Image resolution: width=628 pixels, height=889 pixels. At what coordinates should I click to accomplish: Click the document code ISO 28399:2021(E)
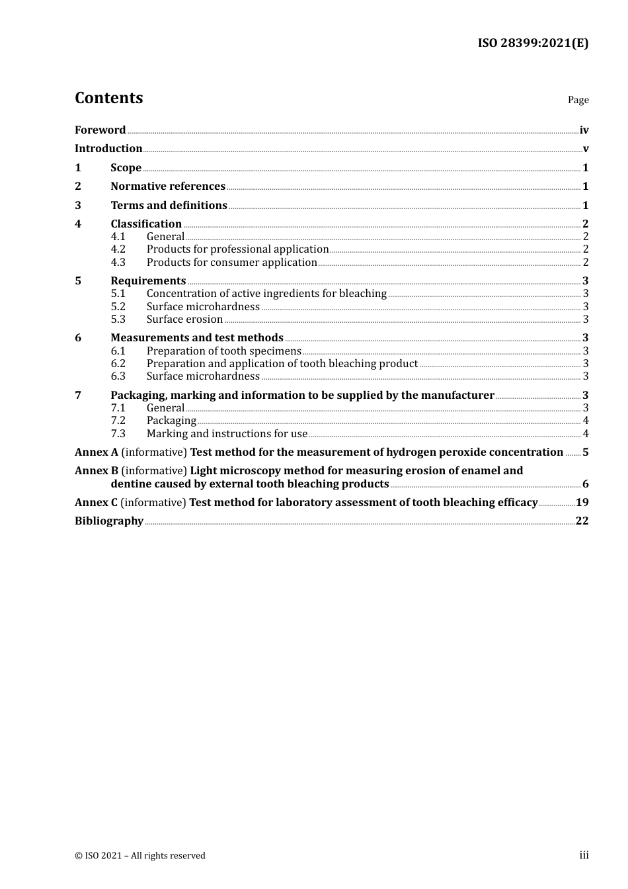pyautogui.click(x=533, y=43)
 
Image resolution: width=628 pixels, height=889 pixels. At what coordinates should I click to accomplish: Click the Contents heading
pyautogui.click(x=108, y=98)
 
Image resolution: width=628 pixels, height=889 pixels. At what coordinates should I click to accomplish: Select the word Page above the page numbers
pyautogui.click(x=578, y=100)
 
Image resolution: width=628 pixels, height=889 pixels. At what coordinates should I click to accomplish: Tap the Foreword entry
pyautogui.click(x=100, y=130)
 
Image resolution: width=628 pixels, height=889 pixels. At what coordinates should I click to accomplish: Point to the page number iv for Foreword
pyautogui.click(x=584, y=130)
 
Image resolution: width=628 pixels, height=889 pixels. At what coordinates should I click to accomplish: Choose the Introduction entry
pyautogui.click(x=108, y=149)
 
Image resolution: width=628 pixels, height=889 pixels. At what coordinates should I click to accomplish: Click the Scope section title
pyautogui.click(x=126, y=168)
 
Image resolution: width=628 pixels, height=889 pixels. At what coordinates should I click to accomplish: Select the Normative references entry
pyautogui.click(x=168, y=187)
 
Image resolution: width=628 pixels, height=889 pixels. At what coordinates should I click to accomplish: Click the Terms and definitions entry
pyautogui.click(x=169, y=206)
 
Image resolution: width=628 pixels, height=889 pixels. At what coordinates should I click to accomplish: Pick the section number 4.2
pyautogui.click(x=118, y=249)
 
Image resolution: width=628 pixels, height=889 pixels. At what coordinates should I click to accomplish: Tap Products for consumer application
pyautogui.click(x=231, y=263)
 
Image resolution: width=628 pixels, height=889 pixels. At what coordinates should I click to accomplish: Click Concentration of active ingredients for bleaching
pyautogui.click(x=266, y=294)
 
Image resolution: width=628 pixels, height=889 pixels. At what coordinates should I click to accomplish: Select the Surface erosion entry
pyautogui.click(x=184, y=319)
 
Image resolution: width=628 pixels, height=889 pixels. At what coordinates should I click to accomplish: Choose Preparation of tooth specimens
pyautogui.click(x=223, y=351)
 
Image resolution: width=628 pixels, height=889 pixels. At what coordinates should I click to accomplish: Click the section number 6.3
pyautogui.click(x=118, y=376)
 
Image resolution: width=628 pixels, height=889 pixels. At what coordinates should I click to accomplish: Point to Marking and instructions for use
pyautogui.click(x=227, y=434)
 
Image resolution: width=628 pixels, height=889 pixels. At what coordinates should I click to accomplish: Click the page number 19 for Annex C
pyautogui.click(x=582, y=503)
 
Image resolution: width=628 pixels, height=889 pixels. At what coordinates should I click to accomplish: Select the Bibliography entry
pyautogui.click(x=109, y=521)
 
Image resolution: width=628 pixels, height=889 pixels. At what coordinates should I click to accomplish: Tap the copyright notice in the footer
pyautogui.click(x=140, y=856)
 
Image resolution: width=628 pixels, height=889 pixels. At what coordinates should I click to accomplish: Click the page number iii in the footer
pyautogui.click(x=584, y=855)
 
